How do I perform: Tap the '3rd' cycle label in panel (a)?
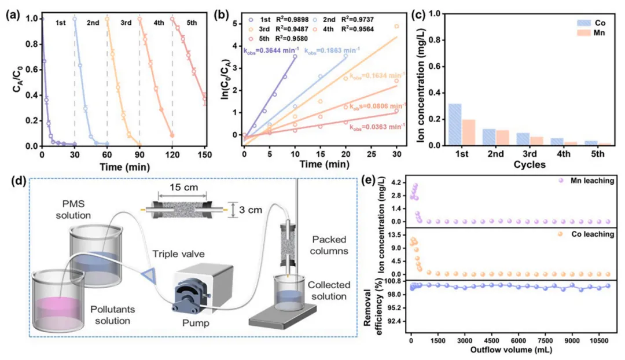tap(126, 23)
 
